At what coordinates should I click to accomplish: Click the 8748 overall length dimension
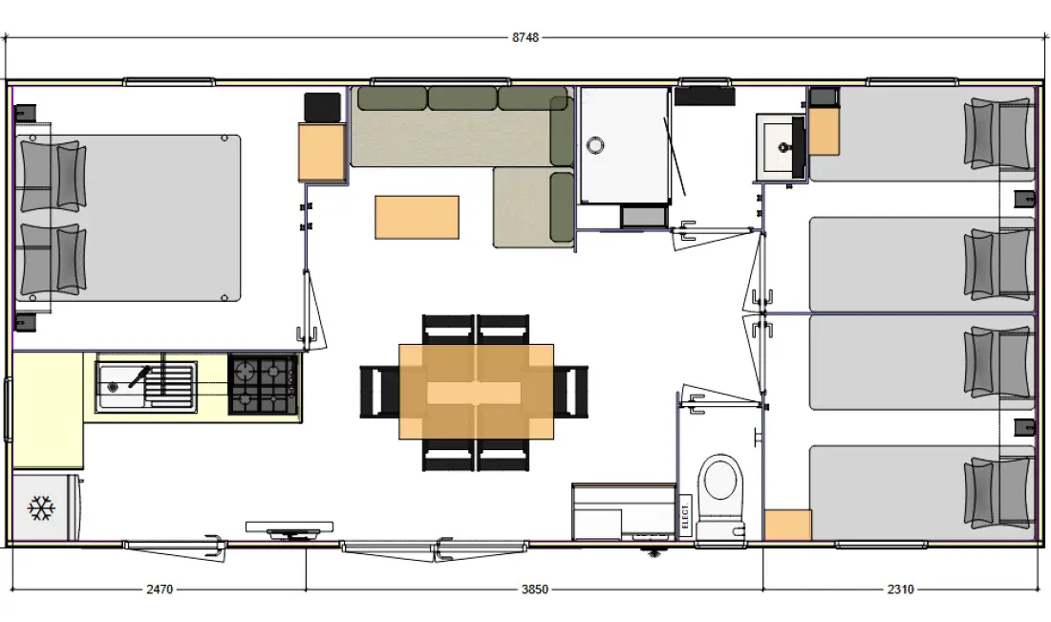pyautogui.click(x=525, y=37)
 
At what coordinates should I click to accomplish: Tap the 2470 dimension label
pyautogui.click(x=160, y=590)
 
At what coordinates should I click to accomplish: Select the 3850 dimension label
pyautogui.click(x=535, y=590)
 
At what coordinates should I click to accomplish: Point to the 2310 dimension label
pyautogui.click(x=900, y=590)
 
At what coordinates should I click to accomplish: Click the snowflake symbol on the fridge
pyautogui.click(x=41, y=508)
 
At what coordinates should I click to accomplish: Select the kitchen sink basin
pyautogui.click(x=120, y=386)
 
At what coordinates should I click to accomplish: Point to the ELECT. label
pyautogui.click(x=685, y=515)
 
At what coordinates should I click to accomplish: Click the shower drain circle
pyautogui.click(x=594, y=144)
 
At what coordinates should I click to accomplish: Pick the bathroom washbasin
pyautogui.click(x=781, y=147)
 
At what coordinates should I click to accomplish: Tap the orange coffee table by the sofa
pyautogui.click(x=417, y=217)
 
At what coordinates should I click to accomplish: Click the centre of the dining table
pyautogui.click(x=476, y=392)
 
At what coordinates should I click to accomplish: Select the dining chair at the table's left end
pyautogui.click(x=379, y=392)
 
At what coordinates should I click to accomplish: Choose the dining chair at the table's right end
pyautogui.click(x=571, y=392)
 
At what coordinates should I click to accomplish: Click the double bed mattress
pyautogui.click(x=127, y=218)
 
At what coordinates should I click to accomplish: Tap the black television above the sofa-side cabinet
pyautogui.click(x=322, y=107)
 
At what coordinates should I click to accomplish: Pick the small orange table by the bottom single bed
pyautogui.click(x=787, y=525)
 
